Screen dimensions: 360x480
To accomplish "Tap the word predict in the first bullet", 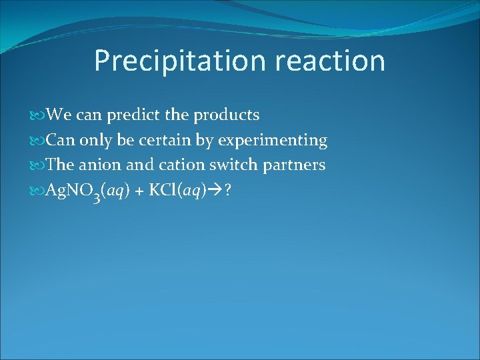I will point(131,115).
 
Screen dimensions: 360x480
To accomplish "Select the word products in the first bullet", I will point(226,115).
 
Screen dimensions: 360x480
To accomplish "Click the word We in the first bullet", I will point(59,115).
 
